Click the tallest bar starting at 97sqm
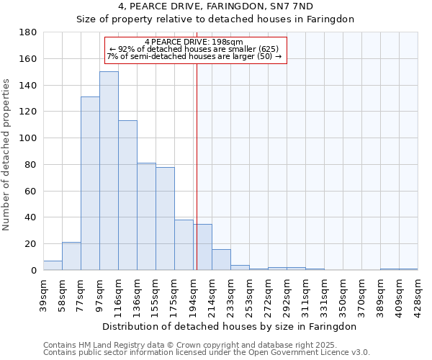pyautogui.click(x=109, y=171)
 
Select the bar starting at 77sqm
pyautogui.click(x=90, y=184)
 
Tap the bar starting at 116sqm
pyautogui.click(x=127, y=195)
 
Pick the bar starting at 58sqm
pyautogui.click(x=71, y=256)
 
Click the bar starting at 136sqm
pyautogui.click(x=146, y=216)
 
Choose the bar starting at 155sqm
pyautogui.click(x=165, y=218)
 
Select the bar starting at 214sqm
pyautogui.click(x=221, y=260)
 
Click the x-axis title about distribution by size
pyautogui.click(x=230, y=326)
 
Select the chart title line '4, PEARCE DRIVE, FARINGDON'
pyautogui.click(x=215, y=6)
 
